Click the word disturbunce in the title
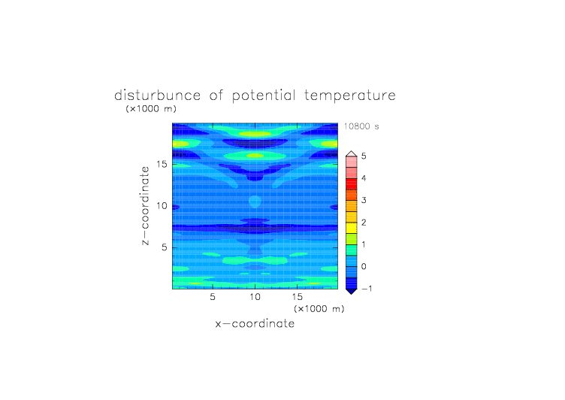coord(158,95)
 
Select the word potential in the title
coord(264,96)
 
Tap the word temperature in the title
coord(350,96)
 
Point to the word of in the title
coord(216,95)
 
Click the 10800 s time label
coord(361,126)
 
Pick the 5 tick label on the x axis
coord(213,297)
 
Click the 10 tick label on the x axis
coord(255,297)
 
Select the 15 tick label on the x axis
coord(298,297)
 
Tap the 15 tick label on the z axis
coord(162,164)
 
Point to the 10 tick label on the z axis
coord(162,206)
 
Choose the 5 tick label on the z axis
coord(165,247)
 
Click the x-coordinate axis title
coord(255,323)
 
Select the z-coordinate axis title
coord(145,206)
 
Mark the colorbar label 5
coord(364,156)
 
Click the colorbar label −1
coord(367,289)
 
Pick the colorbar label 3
coord(364,200)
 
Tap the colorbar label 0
coord(364,267)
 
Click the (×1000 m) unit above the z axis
coord(151,108)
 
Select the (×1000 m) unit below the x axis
coord(319,309)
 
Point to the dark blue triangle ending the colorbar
coord(352,291)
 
